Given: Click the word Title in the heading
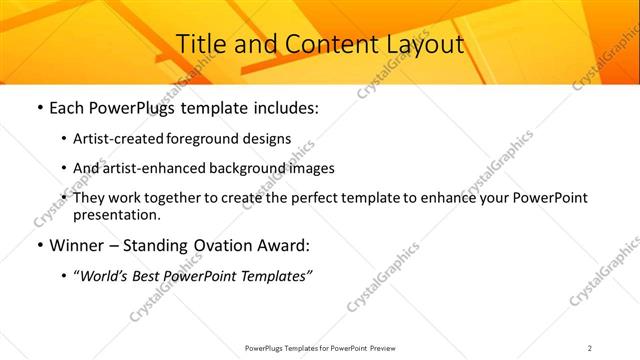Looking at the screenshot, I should [200, 45].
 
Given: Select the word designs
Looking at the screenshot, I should [268, 138].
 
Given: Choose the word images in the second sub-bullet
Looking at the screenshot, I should [310, 168].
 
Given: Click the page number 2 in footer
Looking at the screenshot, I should [590, 348].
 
